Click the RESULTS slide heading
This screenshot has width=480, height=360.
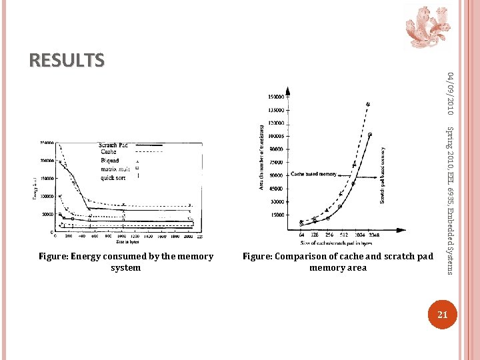click(x=67, y=61)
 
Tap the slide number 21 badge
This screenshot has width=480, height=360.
click(x=440, y=314)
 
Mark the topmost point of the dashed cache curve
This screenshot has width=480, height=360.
click(x=367, y=104)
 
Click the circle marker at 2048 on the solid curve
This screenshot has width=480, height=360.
click(x=370, y=135)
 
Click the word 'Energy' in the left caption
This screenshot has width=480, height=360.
click(x=87, y=257)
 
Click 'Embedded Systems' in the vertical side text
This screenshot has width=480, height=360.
click(x=450, y=241)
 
